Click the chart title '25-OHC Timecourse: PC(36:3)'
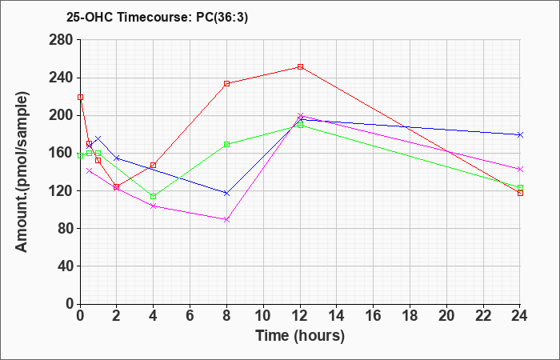tap(157, 18)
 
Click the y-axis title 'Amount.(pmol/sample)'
tap(22, 172)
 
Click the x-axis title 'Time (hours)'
tap(300, 336)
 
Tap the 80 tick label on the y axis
tap(64, 228)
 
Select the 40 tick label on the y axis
tap(64, 266)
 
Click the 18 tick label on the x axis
tap(410, 316)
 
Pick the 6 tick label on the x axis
tap(190, 316)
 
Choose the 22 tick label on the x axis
tap(483, 316)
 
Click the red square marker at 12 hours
tap(300, 66)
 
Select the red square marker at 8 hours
tap(226, 83)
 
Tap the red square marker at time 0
tap(80, 97)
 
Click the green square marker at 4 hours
tap(154, 197)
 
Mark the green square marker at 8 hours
tap(226, 144)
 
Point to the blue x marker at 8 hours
tap(226, 194)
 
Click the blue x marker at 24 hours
tap(520, 134)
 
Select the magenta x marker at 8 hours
tap(226, 220)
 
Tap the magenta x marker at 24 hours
tap(520, 169)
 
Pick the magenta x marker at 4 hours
tap(154, 206)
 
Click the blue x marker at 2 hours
tap(117, 158)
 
